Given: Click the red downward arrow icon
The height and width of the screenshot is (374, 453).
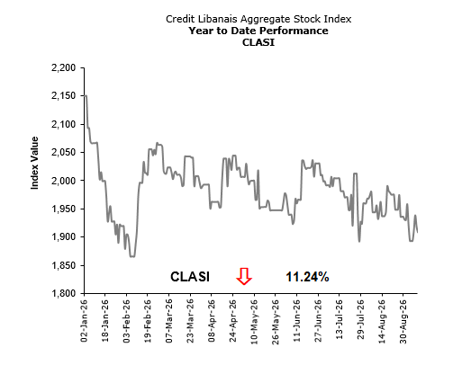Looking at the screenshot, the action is click(244, 276).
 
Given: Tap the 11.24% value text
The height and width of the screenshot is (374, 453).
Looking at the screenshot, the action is click(307, 277).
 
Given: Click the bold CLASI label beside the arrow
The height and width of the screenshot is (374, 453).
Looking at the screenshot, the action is click(190, 277).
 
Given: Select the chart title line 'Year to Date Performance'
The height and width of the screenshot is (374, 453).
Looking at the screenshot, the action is click(258, 31).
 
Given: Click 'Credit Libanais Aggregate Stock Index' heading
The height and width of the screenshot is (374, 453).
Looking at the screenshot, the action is click(258, 19).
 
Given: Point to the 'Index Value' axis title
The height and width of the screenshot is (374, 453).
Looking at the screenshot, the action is click(35, 163).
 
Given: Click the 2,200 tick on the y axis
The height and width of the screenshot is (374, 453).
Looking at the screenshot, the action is click(64, 68).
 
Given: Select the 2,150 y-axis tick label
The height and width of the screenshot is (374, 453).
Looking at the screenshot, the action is click(64, 96).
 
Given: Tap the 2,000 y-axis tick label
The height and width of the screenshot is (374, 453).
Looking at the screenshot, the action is click(64, 181).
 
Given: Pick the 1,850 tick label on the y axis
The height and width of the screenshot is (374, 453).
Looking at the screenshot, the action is click(64, 265).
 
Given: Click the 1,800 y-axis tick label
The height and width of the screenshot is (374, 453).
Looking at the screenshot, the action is click(64, 293).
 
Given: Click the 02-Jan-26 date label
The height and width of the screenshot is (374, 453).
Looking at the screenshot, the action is click(85, 320).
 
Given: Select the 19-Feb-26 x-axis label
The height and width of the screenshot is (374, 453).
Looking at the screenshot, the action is click(148, 320).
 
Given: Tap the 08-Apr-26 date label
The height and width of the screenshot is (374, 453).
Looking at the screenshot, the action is click(212, 320).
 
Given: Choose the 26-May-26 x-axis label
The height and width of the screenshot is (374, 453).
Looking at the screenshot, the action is click(276, 321).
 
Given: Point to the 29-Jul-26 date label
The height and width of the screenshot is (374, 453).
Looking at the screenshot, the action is click(360, 320).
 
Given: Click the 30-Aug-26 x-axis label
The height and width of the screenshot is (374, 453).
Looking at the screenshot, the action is click(403, 321).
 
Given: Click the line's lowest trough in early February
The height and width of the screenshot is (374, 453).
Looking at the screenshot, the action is click(132, 256).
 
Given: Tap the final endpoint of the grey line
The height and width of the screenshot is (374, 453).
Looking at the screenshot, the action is click(417, 232).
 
